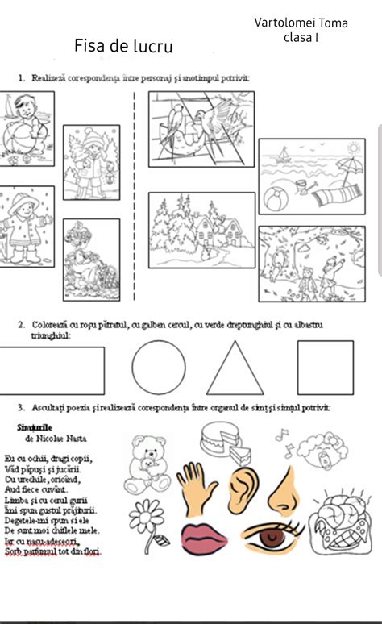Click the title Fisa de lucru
click(x=123, y=46)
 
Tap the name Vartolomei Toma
click(x=301, y=23)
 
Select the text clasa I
click(x=300, y=38)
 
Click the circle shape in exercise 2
click(x=158, y=367)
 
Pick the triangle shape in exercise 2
click(x=235, y=369)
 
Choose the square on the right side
click(x=325, y=367)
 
